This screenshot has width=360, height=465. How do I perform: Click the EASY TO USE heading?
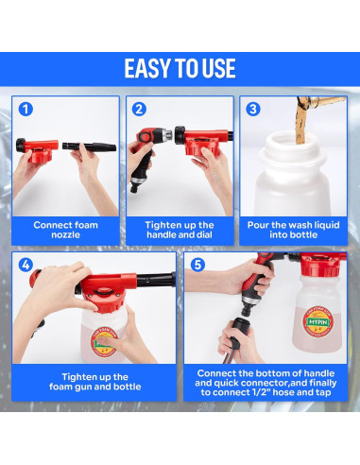tap(180, 68)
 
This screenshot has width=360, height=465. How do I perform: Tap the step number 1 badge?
tap(26, 110)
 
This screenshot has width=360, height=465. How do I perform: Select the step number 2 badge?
tap(139, 110)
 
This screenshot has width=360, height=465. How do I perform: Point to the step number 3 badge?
tap(253, 110)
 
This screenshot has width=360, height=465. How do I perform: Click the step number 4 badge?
tap(26, 265)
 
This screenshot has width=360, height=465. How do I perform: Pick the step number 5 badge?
tap(197, 265)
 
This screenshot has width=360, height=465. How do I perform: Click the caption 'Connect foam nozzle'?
tap(65, 230)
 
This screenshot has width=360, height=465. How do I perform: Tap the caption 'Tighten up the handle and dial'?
tap(180, 230)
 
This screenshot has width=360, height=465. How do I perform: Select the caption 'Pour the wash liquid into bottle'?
tap(293, 230)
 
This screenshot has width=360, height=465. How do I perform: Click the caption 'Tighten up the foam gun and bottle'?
tap(94, 382)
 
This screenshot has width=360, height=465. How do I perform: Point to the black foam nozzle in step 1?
tap(89, 146)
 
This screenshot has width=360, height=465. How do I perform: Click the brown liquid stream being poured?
tap(302, 122)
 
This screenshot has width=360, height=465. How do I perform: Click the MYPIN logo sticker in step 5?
tap(317, 321)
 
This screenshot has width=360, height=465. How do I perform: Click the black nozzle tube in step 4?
tap(156, 280)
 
